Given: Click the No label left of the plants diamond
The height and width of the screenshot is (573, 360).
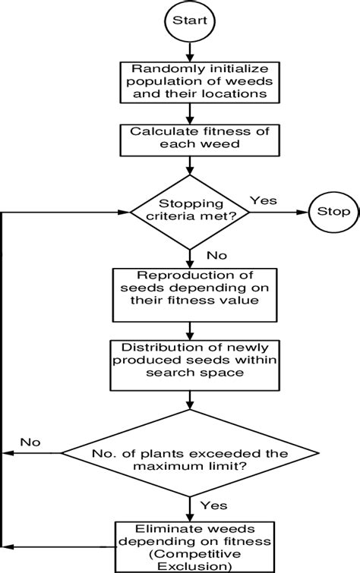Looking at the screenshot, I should click(x=30, y=442).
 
